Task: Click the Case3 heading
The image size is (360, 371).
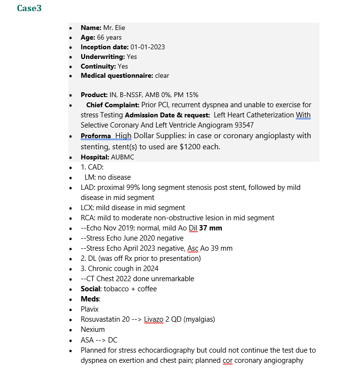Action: click(29, 8)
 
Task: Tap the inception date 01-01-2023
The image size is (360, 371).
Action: click(147, 47)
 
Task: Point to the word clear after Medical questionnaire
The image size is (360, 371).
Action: click(162, 76)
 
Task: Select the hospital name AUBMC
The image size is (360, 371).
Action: click(122, 157)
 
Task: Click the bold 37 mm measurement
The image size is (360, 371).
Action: click(211, 228)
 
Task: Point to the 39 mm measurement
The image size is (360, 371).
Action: click(221, 248)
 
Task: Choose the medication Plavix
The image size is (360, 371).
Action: click(89, 309)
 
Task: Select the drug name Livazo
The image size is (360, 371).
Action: click(154, 319)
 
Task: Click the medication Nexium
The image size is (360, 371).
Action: click(92, 329)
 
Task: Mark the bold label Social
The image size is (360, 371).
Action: click(90, 289)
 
